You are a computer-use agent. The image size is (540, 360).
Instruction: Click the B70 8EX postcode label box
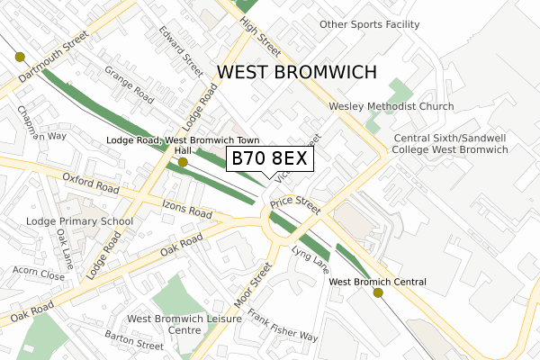[x=270, y=159]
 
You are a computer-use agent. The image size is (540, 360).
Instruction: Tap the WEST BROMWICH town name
[x=296, y=72]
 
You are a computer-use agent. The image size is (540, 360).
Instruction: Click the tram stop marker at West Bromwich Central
[x=378, y=292]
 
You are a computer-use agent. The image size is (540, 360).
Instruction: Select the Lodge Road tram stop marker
[x=183, y=163]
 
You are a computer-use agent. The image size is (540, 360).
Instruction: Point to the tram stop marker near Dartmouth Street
[x=20, y=56]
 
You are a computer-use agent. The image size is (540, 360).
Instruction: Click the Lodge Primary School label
[x=80, y=220]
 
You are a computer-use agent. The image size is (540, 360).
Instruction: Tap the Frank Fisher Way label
[x=283, y=325]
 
